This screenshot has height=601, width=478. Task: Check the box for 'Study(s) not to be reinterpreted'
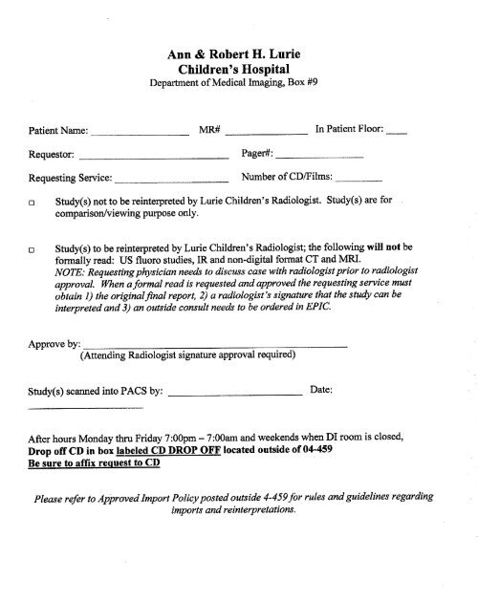point(32,205)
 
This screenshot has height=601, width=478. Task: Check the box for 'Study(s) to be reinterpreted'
point(32,250)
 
